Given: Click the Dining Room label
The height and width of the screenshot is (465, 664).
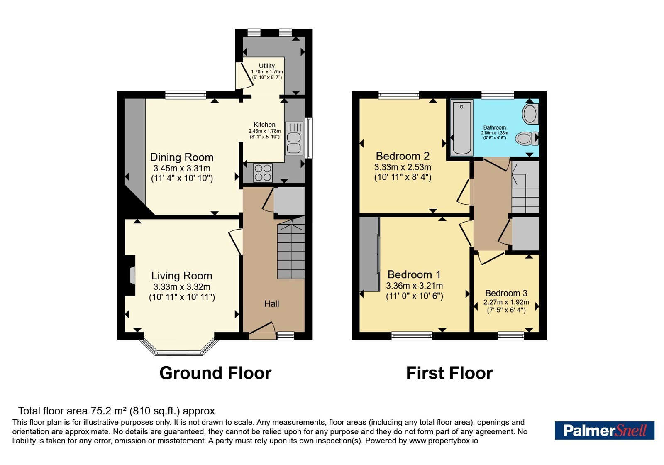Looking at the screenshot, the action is click(182, 157).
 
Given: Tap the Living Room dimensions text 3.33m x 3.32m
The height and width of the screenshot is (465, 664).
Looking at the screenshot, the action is click(182, 287).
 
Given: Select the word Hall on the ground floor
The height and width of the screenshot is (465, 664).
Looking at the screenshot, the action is click(271, 303).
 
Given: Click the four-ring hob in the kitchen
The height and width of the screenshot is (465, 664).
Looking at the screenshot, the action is click(263, 173).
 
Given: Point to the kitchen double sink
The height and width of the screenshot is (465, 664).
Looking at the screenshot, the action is click(294, 139).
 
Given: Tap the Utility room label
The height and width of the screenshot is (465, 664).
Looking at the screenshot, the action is click(267, 66).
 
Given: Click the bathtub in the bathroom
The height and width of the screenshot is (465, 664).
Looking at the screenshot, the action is click(461, 127).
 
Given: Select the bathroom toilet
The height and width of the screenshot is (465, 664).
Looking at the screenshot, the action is click(527, 138).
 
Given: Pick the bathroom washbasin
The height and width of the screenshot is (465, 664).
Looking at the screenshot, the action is click(530, 114).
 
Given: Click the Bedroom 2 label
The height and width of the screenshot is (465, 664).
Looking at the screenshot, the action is click(403, 156).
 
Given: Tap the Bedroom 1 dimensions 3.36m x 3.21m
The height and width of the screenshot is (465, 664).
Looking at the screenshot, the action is click(415, 286).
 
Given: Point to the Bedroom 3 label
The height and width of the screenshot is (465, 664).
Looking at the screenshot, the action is click(506, 293).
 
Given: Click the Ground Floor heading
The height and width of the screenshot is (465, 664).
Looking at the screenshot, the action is click(215, 373).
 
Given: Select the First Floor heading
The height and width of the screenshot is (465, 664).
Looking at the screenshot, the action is click(449, 373).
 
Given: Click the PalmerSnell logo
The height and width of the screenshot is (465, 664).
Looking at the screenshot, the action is click(604, 430).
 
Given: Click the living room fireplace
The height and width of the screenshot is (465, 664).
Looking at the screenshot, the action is click(130, 276).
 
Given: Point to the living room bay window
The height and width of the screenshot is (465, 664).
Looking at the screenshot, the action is click(179, 347).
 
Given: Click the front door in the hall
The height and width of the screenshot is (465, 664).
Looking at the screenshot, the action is click(262, 330).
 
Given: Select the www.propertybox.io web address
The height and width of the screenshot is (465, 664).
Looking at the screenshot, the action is click(444, 441).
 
